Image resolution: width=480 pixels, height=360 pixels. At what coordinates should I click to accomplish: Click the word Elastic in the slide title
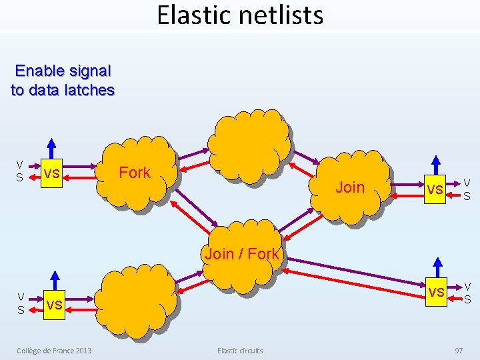pos(190,15)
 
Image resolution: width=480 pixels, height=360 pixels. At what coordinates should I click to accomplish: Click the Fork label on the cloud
pos(135,173)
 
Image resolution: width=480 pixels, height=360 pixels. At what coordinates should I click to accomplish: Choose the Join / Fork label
pos(242,254)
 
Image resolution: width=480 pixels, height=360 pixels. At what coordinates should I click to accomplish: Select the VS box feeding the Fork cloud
pos(51,173)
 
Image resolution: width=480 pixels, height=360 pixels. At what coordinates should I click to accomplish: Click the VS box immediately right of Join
pos(435,189)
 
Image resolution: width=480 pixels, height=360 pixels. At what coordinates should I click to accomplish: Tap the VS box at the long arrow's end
pos(436,291)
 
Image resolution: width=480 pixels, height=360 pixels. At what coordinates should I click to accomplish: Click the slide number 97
pos(459,351)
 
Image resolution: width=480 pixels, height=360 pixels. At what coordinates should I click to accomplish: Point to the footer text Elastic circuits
pos(240,351)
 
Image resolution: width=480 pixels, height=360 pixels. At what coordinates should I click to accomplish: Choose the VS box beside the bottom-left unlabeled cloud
pos(55,305)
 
